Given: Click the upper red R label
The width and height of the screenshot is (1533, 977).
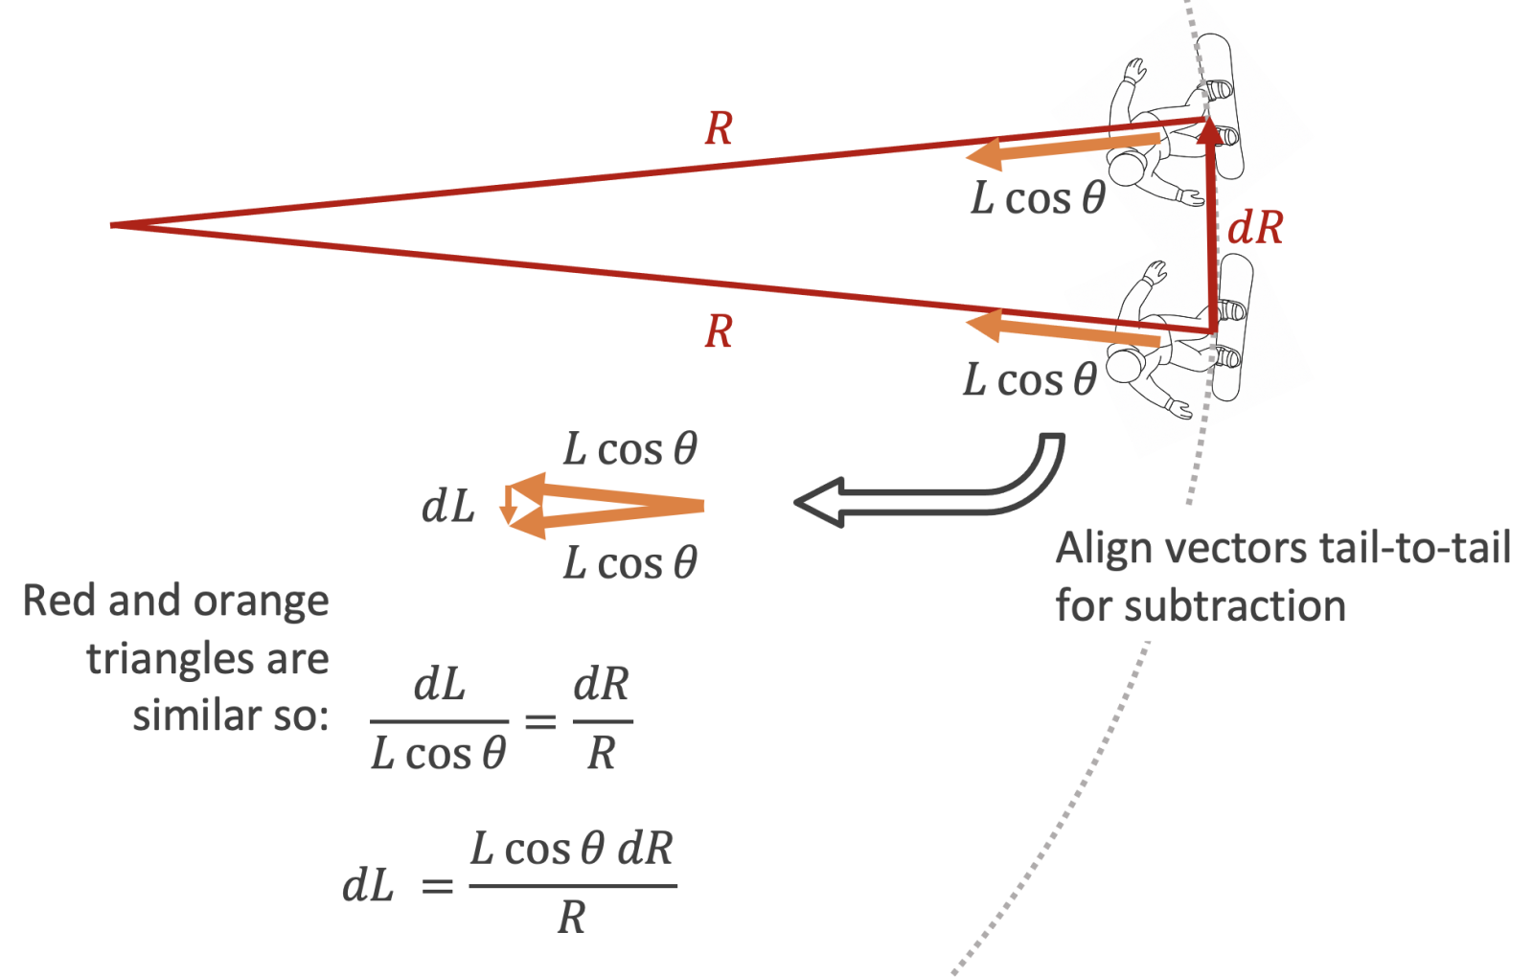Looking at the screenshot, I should tap(719, 129).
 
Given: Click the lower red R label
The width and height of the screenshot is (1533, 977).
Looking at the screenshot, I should tap(719, 331).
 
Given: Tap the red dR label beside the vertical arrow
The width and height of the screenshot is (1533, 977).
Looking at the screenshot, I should tap(1255, 228).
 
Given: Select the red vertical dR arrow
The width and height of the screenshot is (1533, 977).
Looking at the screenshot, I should tap(1213, 230).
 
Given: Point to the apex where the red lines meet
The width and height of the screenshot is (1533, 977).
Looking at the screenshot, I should tap(113, 225).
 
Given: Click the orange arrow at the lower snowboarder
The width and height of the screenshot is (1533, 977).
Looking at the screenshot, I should tap(1064, 330).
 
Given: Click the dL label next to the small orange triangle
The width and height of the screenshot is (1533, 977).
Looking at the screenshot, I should tap(448, 507).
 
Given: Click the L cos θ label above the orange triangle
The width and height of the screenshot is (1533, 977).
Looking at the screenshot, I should tap(629, 449).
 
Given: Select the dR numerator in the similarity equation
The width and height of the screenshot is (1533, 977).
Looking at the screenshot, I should tap(602, 685).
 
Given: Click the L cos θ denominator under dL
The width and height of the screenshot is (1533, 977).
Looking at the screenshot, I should tap(439, 754).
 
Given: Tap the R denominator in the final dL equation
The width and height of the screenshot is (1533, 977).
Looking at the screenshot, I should tap(572, 918).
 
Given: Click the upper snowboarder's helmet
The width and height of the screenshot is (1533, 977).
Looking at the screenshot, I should tap(1128, 168).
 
